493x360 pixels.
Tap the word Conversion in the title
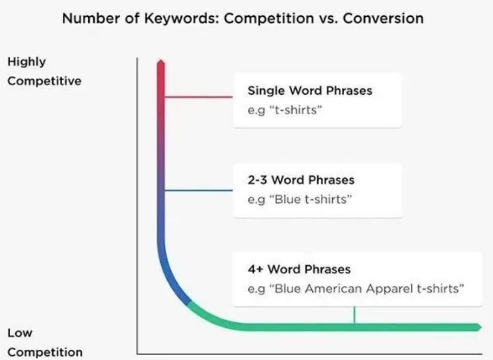click(383, 18)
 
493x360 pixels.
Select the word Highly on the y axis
click(27, 62)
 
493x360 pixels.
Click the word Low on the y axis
click(20, 332)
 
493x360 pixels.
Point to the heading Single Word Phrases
click(310, 90)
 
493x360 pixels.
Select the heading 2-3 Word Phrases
click(301, 180)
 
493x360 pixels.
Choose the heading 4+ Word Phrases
click(299, 269)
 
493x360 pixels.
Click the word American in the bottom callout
click(333, 289)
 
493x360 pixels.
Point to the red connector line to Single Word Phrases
click(199, 97)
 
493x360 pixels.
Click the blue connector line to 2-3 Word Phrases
click(199, 190)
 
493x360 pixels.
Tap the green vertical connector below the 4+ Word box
click(354, 315)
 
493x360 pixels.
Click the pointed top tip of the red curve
click(161, 60)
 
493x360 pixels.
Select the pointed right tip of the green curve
click(481, 328)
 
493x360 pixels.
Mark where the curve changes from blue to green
click(189, 303)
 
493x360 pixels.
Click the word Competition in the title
click(269, 18)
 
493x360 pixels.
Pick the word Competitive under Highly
click(44, 81)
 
